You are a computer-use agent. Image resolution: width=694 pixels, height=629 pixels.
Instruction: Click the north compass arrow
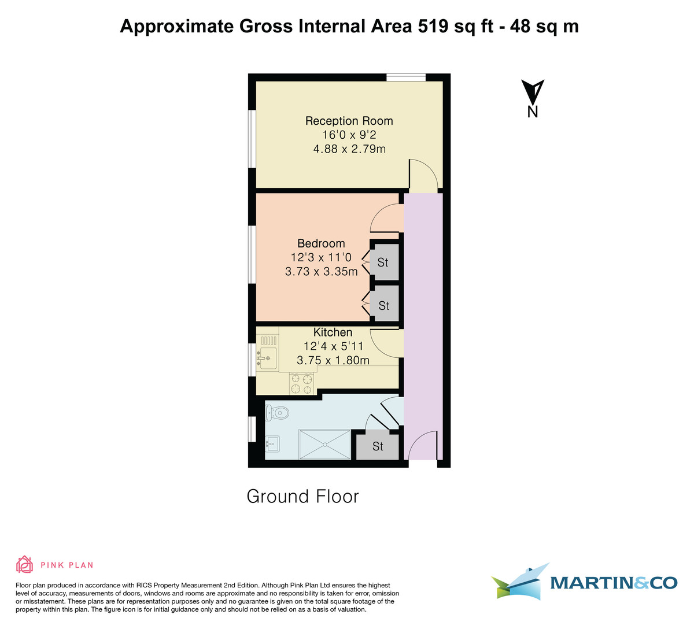(x=533, y=92)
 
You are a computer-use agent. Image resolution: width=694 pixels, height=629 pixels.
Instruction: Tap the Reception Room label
(x=349, y=121)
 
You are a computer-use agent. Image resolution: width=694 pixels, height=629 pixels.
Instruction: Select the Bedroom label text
(x=321, y=243)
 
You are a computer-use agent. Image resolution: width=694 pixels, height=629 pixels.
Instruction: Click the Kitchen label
(x=333, y=332)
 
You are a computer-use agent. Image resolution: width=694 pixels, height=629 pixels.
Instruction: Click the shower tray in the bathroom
(x=324, y=445)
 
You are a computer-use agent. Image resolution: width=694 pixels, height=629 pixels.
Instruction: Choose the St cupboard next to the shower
(x=378, y=446)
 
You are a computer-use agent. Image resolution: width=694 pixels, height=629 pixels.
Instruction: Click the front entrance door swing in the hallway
(x=422, y=446)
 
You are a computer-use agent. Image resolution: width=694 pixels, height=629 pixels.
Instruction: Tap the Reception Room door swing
(x=423, y=175)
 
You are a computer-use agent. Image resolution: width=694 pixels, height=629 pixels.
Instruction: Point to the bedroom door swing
(x=385, y=220)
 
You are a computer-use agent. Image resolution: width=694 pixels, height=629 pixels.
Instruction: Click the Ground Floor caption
(x=302, y=497)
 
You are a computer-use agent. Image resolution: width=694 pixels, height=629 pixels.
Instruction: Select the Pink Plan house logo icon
(x=24, y=564)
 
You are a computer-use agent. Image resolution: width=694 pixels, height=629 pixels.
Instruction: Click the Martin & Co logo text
(x=613, y=583)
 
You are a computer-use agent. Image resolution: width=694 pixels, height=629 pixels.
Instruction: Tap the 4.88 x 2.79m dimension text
(x=349, y=149)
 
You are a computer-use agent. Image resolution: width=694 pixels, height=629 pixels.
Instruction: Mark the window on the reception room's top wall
(x=406, y=77)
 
